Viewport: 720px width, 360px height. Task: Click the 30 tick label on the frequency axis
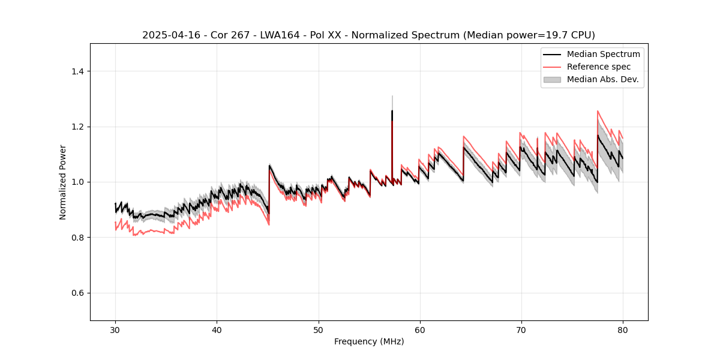pos(115,329)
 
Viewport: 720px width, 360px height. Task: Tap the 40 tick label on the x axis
pos(217,329)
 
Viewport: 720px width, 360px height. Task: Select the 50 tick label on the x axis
pos(318,329)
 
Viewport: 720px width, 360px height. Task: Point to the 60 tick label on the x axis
pos(419,329)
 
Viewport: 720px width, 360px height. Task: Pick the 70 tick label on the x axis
pos(521,329)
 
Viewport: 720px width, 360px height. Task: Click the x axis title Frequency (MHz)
pos(369,341)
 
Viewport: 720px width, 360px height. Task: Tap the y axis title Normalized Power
pos(63,182)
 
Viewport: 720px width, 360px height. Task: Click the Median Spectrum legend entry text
pos(603,54)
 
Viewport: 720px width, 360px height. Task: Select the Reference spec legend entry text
pos(599,67)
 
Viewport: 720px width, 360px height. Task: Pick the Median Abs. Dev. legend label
pos(602,79)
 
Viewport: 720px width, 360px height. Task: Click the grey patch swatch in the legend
pos(552,79)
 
